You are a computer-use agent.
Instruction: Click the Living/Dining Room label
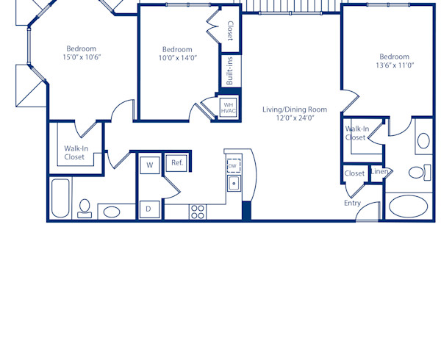pyautogui.click(x=295, y=109)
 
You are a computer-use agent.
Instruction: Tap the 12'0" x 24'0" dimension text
pyautogui.click(x=295, y=118)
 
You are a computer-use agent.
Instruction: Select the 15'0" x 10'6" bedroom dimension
pyautogui.click(x=81, y=57)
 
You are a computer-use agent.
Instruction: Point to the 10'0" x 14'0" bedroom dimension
pyautogui.click(x=176, y=58)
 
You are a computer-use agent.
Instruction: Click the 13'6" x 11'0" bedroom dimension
pyautogui.click(x=394, y=65)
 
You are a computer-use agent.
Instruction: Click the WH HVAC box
pyautogui.click(x=228, y=107)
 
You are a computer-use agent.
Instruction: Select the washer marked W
pyautogui.click(x=149, y=165)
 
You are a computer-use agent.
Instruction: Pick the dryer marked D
pyautogui.click(x=148, y=209)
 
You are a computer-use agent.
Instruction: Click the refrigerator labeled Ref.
pyautogui.click(x=177, y=162)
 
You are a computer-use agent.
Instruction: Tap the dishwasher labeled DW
pyautogui.click(x=234, y=165)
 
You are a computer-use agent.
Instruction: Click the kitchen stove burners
pyautogui.click(x=198, y=212)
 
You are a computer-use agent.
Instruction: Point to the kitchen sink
pyautogui.click(x=234, y=183)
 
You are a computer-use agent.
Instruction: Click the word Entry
pyautogui.click(x=352, y=203)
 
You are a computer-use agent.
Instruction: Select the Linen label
pyautogui.click(x=379, y=172)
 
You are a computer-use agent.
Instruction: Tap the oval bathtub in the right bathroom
pyautogui.click(x=409, y=206)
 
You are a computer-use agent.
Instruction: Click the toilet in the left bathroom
pyautogui.click(x=85, y=208)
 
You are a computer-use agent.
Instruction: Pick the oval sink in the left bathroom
pyautogui.click(x=112, y=212)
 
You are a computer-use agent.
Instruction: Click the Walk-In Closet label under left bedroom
pyautogui.click(x=74, y=152)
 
